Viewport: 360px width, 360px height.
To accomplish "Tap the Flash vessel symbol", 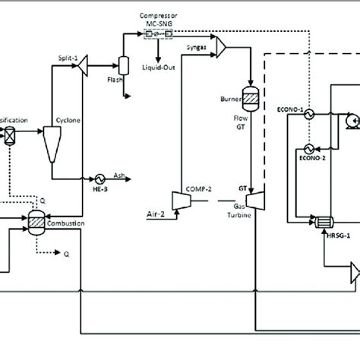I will [x=121, y=66].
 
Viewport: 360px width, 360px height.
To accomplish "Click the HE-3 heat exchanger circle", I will [x=99, y=174].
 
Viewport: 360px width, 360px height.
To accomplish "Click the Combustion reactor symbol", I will [x=35, y=217].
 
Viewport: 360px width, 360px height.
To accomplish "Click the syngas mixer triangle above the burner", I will [x=222, y=48].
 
